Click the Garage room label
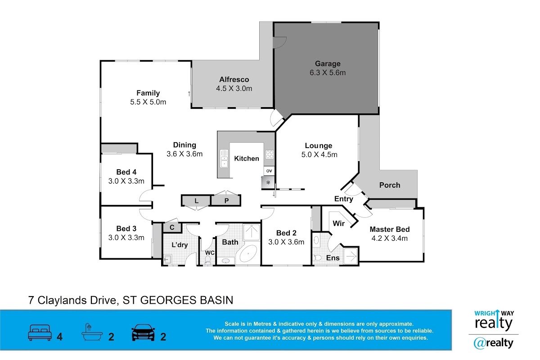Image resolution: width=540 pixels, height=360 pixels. [x=328, y=63]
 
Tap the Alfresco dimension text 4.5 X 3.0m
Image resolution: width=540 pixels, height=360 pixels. [x=234, y=89]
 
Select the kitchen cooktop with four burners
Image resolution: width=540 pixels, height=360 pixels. [x=270, y=154]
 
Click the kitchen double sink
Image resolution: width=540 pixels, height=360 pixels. [x=224, y=158]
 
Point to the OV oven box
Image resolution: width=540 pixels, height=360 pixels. [x=269, y=171]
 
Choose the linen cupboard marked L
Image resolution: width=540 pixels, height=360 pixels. [x=196, y=201]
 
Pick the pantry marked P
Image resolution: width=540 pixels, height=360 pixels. [x=226, y=201]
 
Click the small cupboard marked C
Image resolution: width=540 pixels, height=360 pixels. [x=172, y=227]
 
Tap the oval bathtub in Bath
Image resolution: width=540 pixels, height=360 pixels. [x=248, y=254]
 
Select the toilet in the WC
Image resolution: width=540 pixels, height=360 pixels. [x=207, y=260]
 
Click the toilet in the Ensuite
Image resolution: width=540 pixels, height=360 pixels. [x=318, y=258]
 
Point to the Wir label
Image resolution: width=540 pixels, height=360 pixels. [x=338, y=224]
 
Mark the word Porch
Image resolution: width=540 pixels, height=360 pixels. [x=390, y=185]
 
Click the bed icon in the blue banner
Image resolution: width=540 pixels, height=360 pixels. [x=40, y=333]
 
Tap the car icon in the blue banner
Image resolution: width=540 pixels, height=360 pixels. [x=143, y=333]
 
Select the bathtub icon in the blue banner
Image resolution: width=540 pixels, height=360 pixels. [x=92, y=332]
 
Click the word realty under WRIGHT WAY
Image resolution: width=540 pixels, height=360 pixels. [x=494, y=324]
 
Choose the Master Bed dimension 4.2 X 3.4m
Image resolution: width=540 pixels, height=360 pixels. [x=390, y=238]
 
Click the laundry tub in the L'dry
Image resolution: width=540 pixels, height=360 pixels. [x=167, y=260]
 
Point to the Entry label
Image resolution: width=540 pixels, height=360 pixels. [x=343, y=199]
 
